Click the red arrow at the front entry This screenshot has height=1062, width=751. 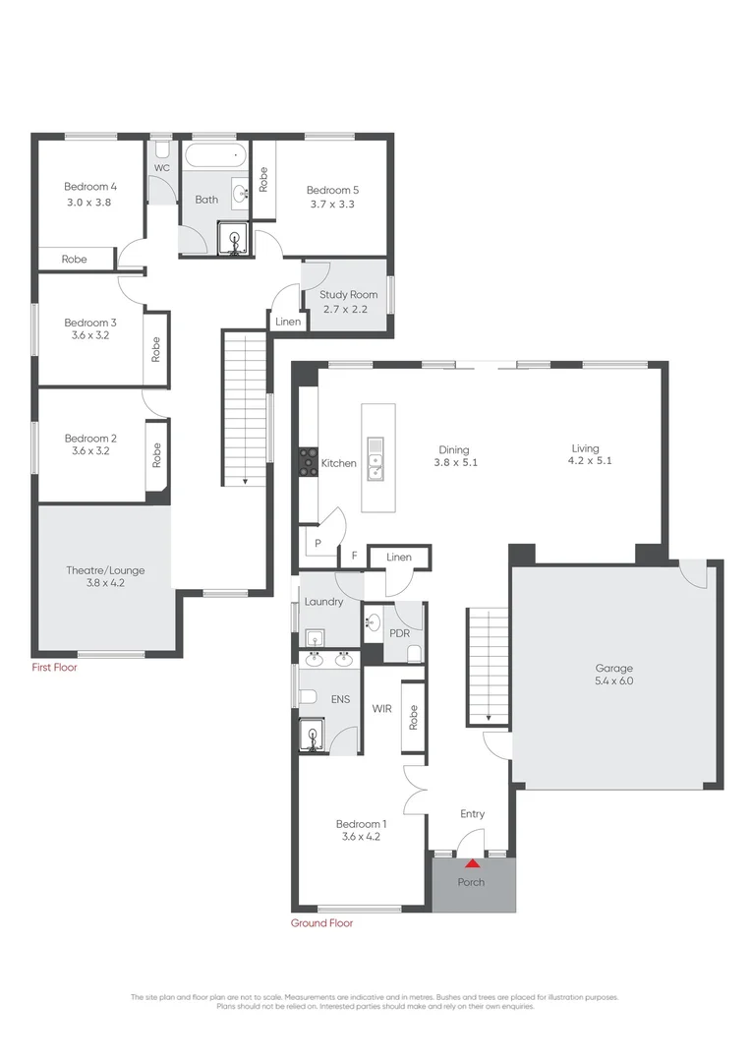(x=473, y=864)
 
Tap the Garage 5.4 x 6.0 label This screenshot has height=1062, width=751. (x=612, y=674)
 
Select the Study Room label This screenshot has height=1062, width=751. (x=348, y=294)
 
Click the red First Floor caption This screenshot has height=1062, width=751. (x=54, y=668)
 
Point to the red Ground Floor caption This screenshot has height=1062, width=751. (x=321, y=923)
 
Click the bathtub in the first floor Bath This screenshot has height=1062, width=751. (x=215, y=154)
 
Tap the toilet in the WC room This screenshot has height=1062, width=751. (x=162, y=150)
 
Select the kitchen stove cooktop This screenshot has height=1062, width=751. (x=309, y=462)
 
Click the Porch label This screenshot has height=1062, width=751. (x=472, y=882)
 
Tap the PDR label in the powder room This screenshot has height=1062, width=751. (x=399, y=632)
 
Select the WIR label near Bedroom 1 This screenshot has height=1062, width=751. (x=382, y=707)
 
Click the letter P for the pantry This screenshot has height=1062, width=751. (x=318, y=542)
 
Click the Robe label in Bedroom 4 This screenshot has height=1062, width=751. (x=74, y=260)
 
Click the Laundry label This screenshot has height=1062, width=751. (x=323, y=602)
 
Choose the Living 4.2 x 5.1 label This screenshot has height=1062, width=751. (x=585, y=454)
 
